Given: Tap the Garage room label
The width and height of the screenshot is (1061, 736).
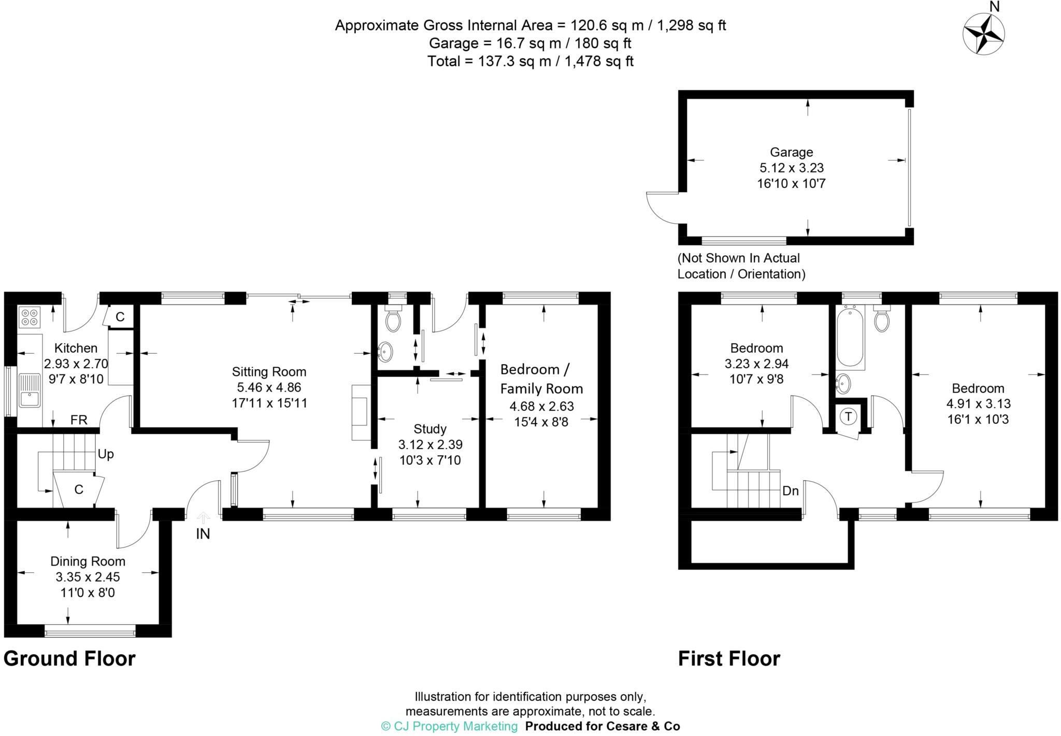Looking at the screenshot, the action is coord(791,152).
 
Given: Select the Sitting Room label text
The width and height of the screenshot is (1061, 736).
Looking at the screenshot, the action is coord(269,371).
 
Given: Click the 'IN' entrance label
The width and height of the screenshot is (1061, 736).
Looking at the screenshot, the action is coord(203,533).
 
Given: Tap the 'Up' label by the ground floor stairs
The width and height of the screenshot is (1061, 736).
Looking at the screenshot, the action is coord(106,454).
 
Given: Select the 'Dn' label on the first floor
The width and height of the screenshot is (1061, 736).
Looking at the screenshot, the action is coord(791,490).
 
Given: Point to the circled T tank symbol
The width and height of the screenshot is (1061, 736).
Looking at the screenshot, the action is coord(849,416).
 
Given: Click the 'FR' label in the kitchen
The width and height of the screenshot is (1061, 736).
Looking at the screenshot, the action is coord(79,420).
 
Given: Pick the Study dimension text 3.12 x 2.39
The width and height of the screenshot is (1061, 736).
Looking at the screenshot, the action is coord(430,444).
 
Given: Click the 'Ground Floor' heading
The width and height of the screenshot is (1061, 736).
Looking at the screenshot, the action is coord(69,659).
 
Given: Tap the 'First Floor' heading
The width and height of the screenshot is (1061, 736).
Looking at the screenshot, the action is coord(729,659).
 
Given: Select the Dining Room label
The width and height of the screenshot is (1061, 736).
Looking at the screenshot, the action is coord(88,561).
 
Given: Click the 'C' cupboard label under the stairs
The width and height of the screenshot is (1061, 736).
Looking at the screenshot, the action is coord(79,489).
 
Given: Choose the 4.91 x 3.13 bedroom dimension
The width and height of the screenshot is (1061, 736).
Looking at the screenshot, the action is coord(978,404).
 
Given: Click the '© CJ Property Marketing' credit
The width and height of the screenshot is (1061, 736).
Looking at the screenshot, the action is coord(449,726).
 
